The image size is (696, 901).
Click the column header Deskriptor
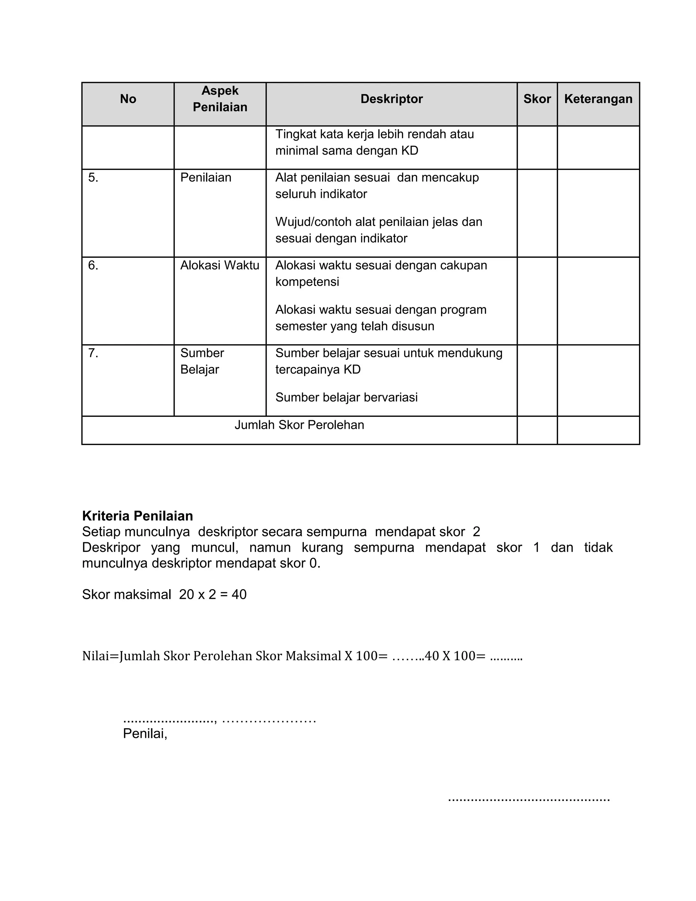click(x=391, y=99)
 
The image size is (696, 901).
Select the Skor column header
click(x=537, y=99)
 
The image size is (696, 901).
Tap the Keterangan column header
click(x=598, y=99)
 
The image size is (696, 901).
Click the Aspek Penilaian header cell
click(x=220, y=99)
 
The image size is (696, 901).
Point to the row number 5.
click(x=93, y=178)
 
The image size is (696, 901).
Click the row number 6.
click(x=93, y=265)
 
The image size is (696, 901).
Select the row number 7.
click(x=93, y=353)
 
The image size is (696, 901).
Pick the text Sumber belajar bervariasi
click(x=346, y=397)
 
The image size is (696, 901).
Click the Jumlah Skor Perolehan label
click(x=299, y=425)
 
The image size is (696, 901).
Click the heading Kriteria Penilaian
click(x=137, y=516)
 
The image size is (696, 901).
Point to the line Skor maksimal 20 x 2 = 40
click(x=164, y=594)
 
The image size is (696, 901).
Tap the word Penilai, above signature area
click(x=145, y=733)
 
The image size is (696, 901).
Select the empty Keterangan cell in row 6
click(x=598, y=301)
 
